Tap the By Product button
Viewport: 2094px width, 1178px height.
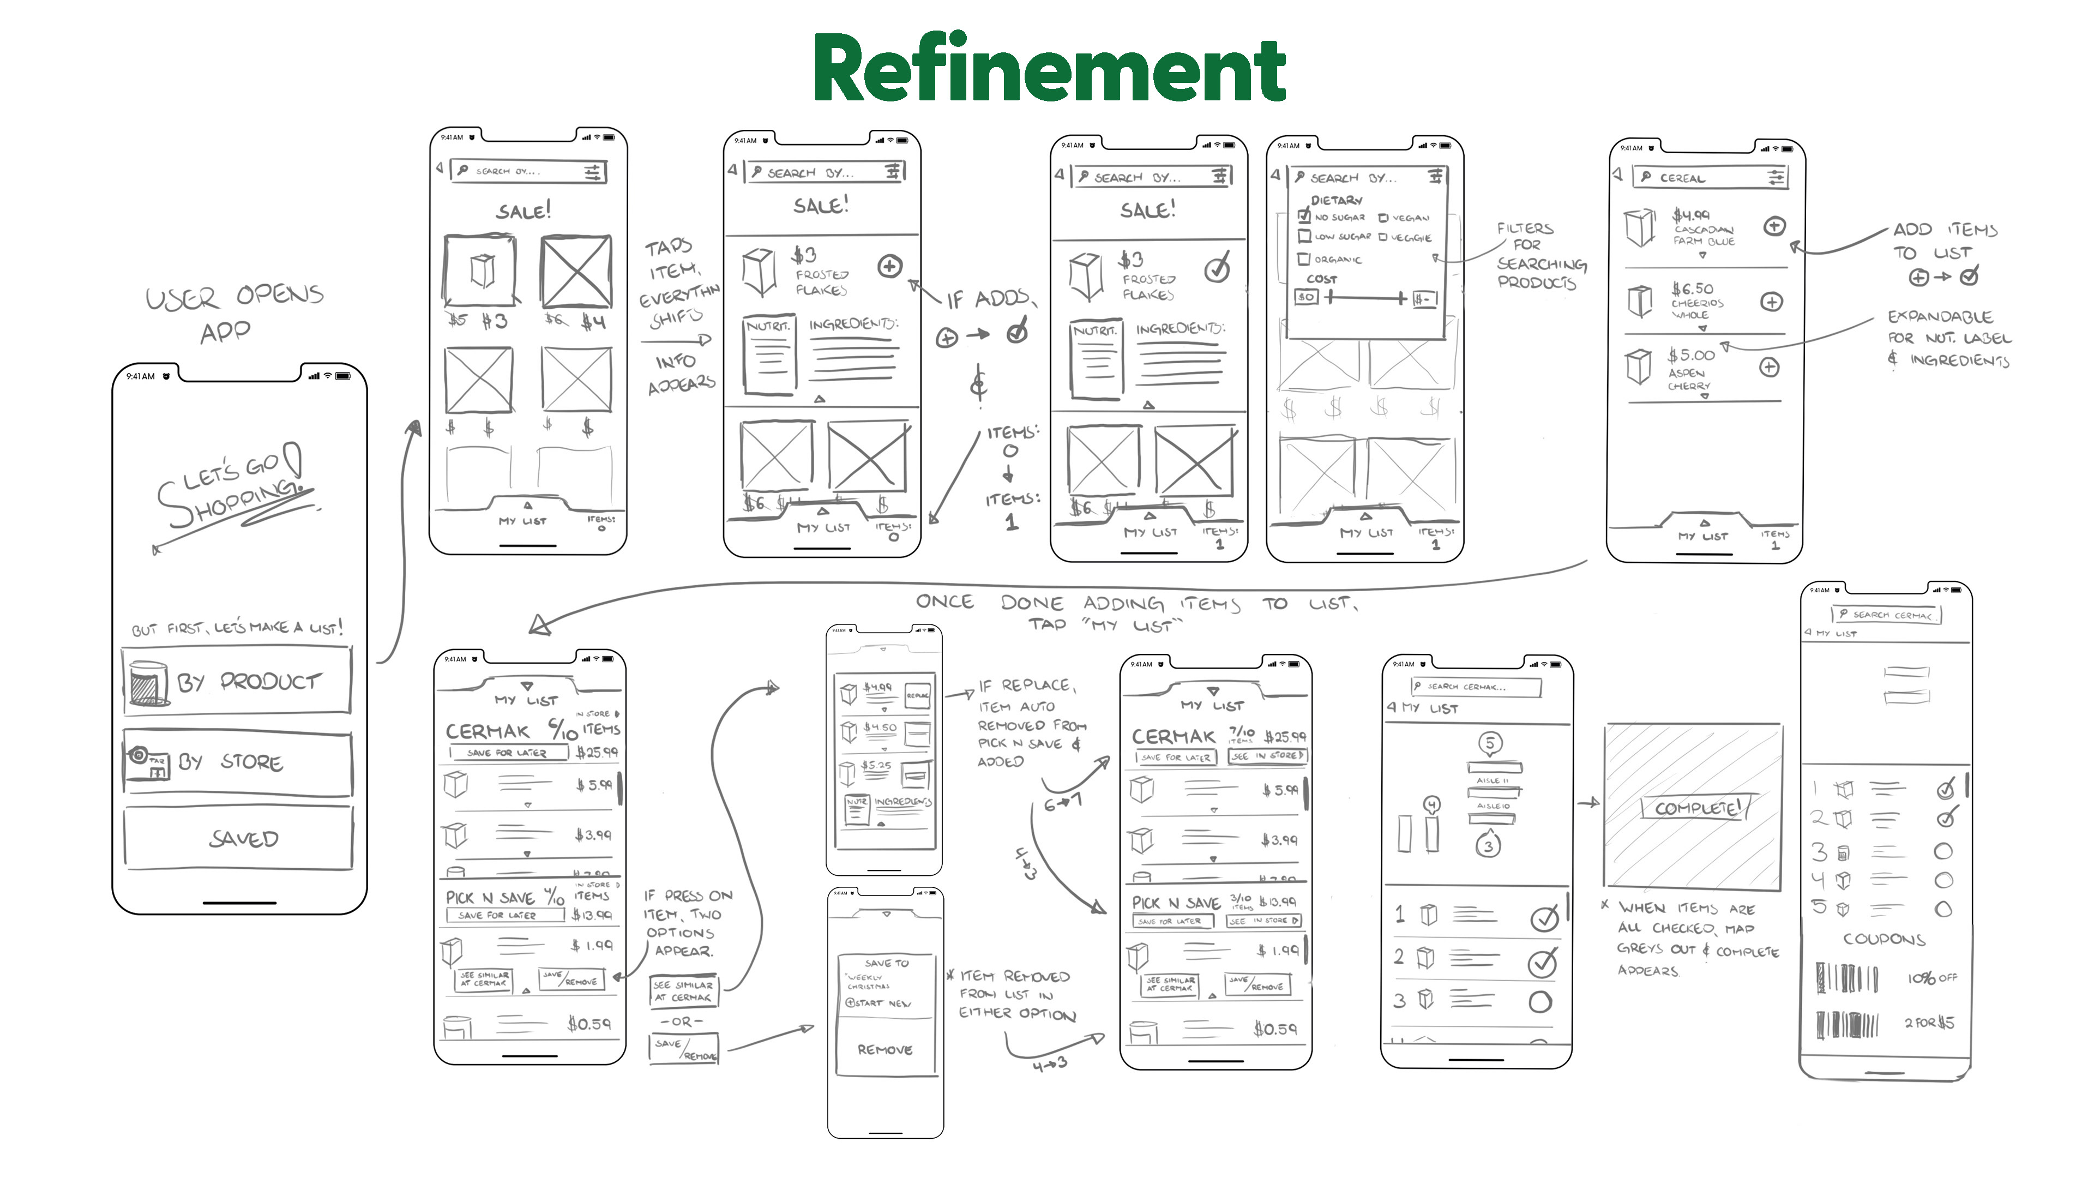pyautogui.click(x=237, y=681)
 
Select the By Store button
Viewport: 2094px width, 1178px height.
pyautogui.click(x=237, y=762)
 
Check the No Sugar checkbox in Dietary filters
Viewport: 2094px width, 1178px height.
pyautogui.click(x=1305, y=217)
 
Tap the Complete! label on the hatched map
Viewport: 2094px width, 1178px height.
pyautogui.click(x=1696, y=807)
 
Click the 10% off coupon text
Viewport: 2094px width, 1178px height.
pyautogui.click(x=1931, y=978)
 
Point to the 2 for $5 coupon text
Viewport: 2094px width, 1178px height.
pyautogui.click(x=1929, y=1023)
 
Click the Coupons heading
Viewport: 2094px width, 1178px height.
pyautogui.click(x=1884, y=939)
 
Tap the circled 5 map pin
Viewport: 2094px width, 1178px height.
pyautogui.click(x=1490, y=742)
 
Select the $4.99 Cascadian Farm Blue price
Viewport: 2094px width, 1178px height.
pyautogui.click(x=1691, y=215)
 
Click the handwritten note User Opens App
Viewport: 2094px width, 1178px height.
pyautogui.click(x=233, y=313)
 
